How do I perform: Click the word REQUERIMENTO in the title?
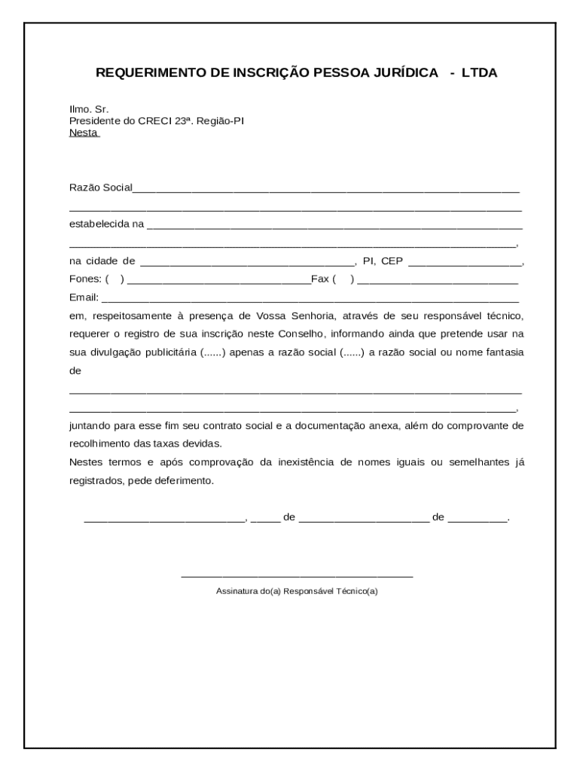pyautogui.click(x=141, y=73)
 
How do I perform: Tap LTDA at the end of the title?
pyautogui.click(x=480, y=73)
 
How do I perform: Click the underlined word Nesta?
pyautogui.click(x=84, y=133)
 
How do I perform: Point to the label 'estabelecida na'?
pyautogui.click(x=106, y=224)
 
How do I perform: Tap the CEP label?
pyautogui.click(x=392, y=261)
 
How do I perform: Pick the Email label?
pyautogui.click(x=84, y=297)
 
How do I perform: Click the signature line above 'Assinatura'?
pyautogui.click(x=297, y=576)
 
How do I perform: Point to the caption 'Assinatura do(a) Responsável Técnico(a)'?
pyautogui.click(x=297, y=591)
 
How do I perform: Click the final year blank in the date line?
pyautogui.click(x=478, y=520)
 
